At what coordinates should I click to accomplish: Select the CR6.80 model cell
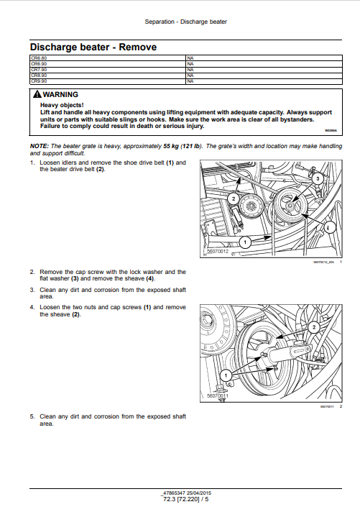coord(39,56)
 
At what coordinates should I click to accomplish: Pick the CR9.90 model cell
coord(39,82)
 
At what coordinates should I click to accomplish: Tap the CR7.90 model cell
coord(39,69)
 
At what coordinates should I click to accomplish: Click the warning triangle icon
coord(37,95)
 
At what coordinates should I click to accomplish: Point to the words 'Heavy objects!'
coord(58,104)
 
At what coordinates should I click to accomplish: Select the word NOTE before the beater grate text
coord(39,146)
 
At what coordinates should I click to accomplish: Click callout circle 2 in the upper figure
coord(234,197)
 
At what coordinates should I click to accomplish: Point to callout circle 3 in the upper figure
coord(317,178)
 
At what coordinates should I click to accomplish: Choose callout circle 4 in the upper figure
coord(329,228)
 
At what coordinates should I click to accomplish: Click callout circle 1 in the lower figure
coord(225,375)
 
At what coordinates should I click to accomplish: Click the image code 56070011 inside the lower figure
coord(217,396)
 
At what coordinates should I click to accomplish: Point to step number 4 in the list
coord(32,307)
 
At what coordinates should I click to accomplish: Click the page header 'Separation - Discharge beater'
coord(185,22)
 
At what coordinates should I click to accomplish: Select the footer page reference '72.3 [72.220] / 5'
coord(185,498)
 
